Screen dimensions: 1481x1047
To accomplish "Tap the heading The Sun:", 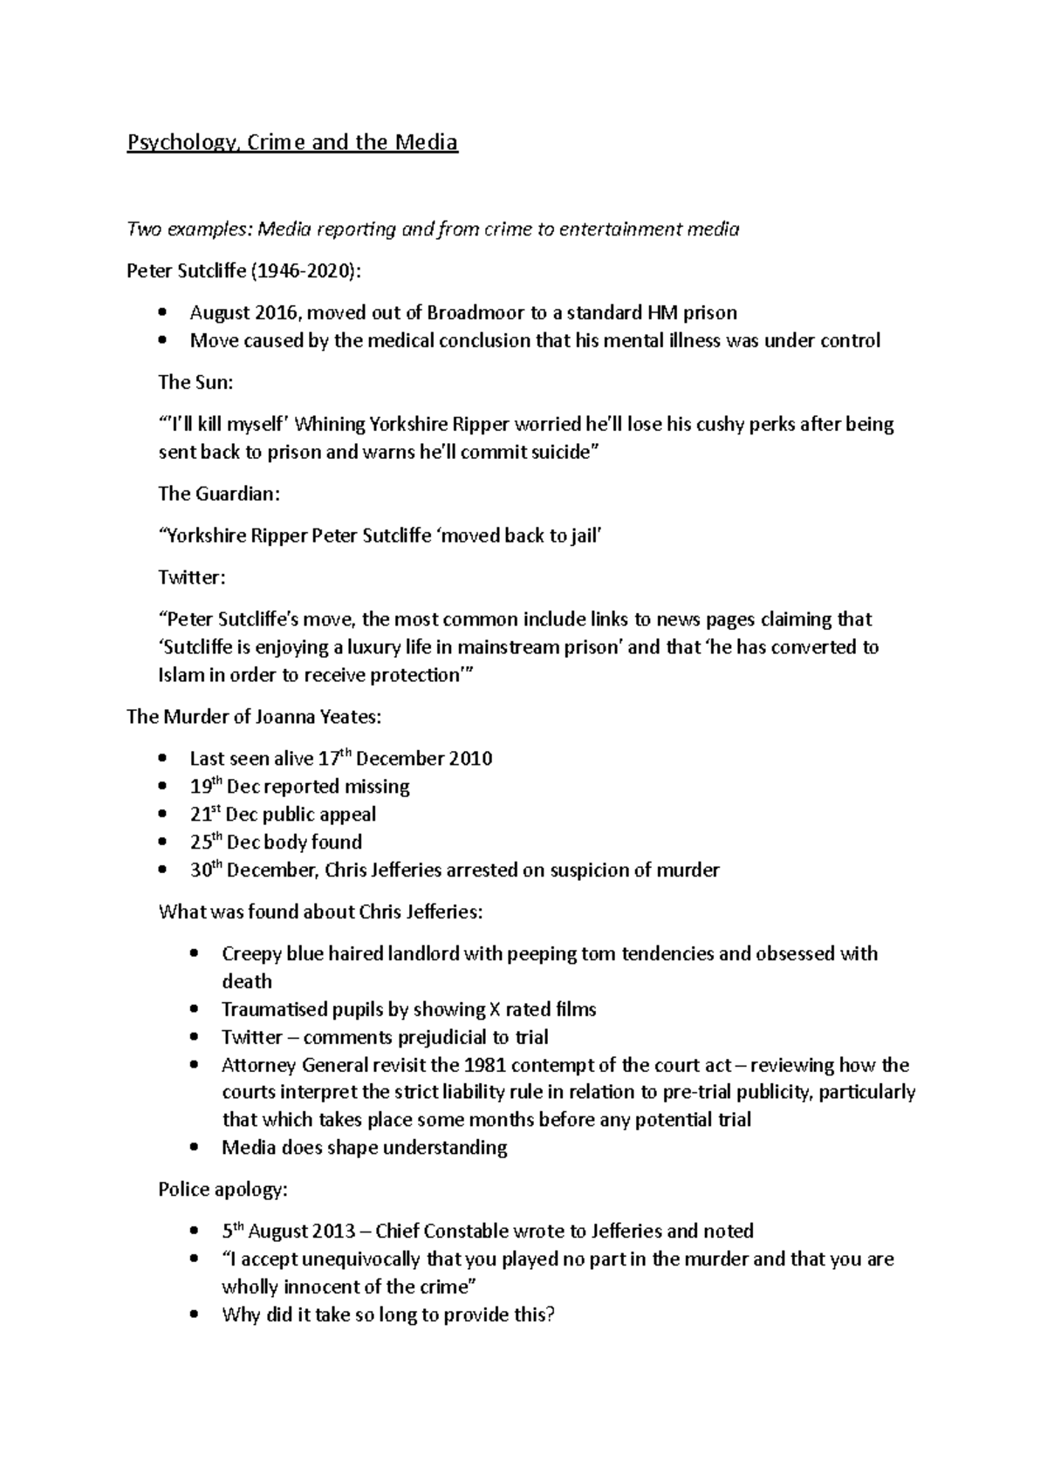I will click(195, 382).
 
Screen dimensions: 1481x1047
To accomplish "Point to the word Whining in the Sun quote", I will click(331, 424).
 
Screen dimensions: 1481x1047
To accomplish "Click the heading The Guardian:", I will click(219, 494).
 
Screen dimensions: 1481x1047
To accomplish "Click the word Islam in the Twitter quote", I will click(181, 675).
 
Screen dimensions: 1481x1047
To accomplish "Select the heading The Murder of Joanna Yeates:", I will click(254, 717).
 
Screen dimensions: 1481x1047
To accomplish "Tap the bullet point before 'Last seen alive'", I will click(162, 759).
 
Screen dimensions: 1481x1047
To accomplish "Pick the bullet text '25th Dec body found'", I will click(276, 843).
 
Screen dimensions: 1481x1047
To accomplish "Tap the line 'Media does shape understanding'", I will click(364, 1147).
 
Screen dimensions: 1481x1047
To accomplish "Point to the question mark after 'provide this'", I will click(550, 1315).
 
